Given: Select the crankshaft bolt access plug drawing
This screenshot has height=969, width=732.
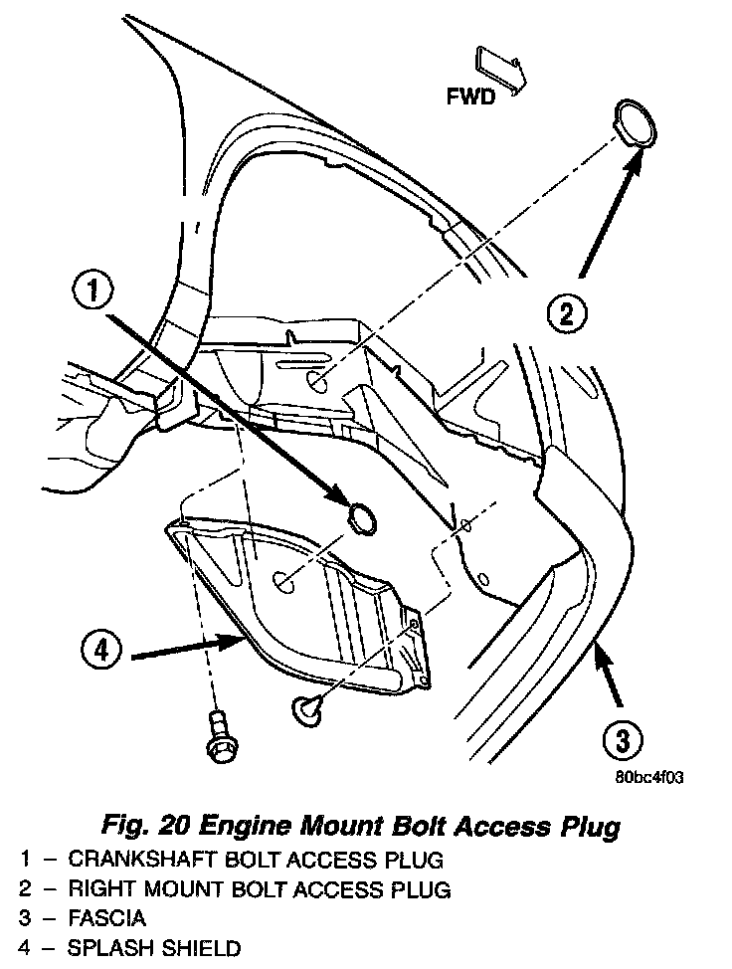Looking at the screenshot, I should [362, 518].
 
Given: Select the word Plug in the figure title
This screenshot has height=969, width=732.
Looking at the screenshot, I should [589, 825].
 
